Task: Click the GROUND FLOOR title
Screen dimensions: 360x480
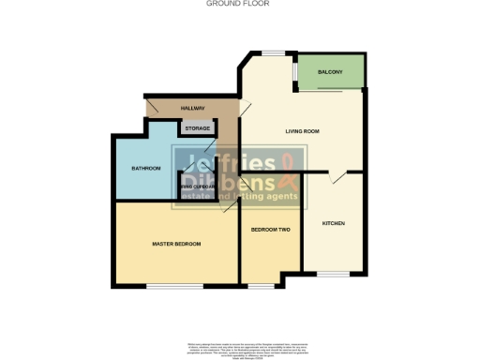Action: click(239, 4)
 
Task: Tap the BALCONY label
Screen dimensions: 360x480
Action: click(329, 72)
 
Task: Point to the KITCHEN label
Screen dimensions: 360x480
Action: click(334, 223)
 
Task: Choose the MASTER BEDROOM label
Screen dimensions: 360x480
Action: click(176, 244)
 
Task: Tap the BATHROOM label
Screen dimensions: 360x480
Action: click(145, 168)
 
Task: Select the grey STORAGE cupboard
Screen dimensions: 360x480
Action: click(196, 128)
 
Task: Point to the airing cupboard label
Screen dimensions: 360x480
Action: click(198, 187)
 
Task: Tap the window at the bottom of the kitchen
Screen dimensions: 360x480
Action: click(333, 274)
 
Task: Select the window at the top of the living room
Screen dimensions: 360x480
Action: click(274, 52)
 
